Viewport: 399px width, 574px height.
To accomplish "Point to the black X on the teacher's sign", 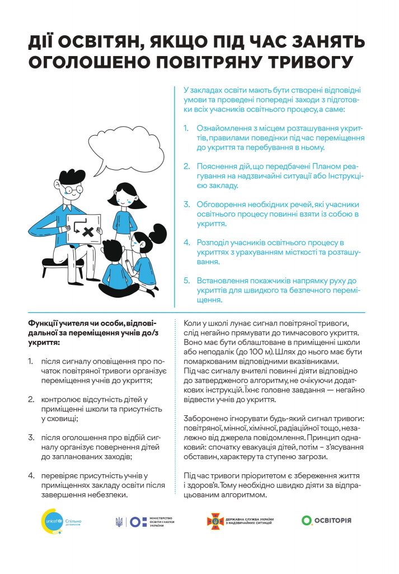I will click(x=86, y=230).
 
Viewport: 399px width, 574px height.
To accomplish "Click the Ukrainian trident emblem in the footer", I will click(x=119, y=521).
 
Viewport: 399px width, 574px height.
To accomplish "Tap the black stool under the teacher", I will click(x=62, y=262).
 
